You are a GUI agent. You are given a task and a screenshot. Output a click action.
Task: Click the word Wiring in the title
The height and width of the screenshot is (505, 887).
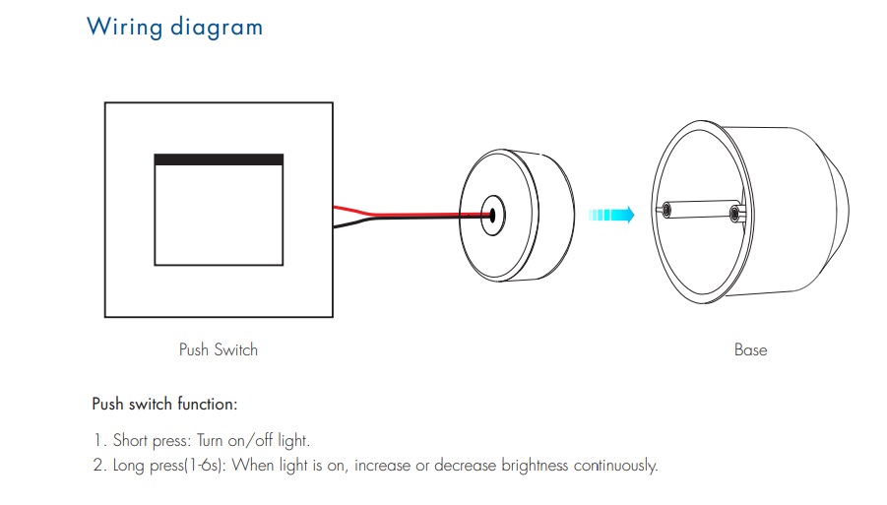[124, 28]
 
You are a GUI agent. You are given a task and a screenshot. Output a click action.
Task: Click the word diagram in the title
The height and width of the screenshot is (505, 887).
[217, 28]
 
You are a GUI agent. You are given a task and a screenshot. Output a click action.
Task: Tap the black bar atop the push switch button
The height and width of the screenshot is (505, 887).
[219, 159]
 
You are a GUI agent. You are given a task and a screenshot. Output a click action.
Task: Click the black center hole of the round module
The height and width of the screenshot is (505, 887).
[492, 215]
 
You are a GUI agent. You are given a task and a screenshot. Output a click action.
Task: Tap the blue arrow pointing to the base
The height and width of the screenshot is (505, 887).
[611, 215]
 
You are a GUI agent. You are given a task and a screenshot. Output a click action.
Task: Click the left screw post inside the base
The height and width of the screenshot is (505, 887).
[666, 211]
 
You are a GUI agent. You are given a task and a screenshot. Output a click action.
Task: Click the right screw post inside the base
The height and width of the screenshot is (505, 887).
[735, 214]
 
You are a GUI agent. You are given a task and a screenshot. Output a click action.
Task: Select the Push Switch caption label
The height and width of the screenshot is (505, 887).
[219, 350]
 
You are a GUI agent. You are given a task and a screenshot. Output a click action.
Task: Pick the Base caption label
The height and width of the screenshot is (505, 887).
[751, 350]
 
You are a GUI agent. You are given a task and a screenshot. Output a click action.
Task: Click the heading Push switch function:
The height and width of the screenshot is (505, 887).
[164, 404]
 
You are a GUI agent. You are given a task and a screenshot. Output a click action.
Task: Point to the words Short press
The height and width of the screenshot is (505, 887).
[152, 441]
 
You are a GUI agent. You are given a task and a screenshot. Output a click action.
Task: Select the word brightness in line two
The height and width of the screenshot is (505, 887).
[535, 466]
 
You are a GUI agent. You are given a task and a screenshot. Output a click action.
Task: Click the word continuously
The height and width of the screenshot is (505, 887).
[616, 466]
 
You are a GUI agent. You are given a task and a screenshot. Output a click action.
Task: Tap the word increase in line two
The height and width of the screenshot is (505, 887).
[382, 466]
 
